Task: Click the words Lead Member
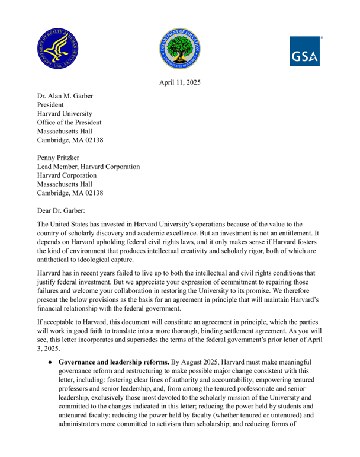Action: pyautogui.click(x=58, y=167)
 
